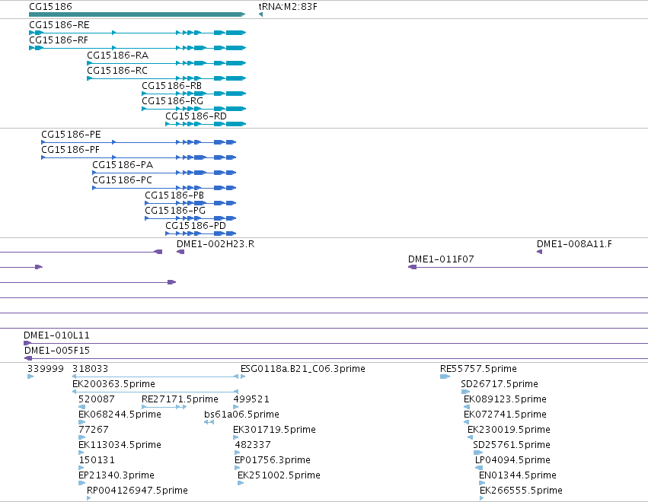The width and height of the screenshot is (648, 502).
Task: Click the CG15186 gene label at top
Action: [50, 7]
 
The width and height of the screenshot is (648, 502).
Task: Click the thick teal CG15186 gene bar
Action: [137, 14]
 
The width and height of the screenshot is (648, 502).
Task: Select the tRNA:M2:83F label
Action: [288, 7]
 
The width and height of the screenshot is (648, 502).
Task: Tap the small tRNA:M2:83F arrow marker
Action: [260, 15]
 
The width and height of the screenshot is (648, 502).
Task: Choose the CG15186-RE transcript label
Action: [59, 25]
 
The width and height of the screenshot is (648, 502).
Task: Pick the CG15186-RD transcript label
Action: [196, 116]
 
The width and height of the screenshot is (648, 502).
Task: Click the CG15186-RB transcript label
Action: [171, 86]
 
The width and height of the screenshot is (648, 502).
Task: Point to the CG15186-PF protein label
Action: [70, 149]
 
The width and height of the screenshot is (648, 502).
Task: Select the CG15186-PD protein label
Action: [196, 226]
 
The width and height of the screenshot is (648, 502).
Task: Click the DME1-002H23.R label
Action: [215, 244]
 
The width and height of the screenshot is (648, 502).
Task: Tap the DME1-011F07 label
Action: [441, 259]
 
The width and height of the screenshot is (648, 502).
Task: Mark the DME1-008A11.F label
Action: [574, 244]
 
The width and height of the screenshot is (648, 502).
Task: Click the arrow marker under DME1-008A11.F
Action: [539, 252]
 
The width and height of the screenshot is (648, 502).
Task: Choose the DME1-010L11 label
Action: [56, 335]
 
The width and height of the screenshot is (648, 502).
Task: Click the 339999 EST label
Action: [46, 369]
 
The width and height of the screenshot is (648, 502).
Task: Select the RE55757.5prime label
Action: [478, 369]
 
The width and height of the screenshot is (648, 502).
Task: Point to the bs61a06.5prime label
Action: [241, 414]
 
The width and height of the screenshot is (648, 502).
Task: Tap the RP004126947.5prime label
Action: [137, 490]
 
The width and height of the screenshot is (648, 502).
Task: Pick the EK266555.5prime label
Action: [521, 490]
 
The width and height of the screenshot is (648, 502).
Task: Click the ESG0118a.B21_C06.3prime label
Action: [303, 369]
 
